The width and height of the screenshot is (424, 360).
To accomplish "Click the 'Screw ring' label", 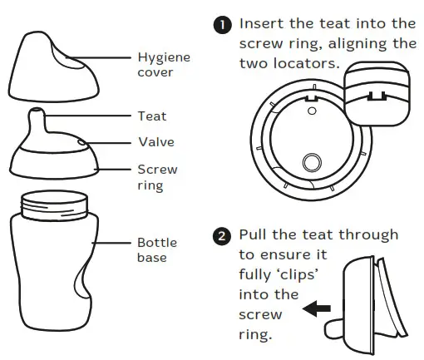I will coord(157,177).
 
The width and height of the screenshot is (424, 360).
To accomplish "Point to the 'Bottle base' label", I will coord(155,249).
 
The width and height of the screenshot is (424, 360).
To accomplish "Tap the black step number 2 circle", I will coord(222,236).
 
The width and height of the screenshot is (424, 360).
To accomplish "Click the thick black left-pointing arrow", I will coord(316,309).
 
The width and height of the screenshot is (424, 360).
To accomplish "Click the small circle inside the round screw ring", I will coord(313,162).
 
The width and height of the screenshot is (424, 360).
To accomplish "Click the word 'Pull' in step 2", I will coord(253,235).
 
